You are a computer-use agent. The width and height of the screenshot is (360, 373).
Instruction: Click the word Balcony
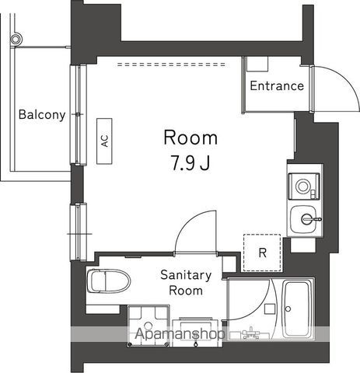(42, 115)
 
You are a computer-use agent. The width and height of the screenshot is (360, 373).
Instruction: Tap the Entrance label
(276, 85)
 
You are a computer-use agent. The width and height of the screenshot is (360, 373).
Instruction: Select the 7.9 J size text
(190, 164)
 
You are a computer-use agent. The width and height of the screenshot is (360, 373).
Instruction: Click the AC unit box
(103, 141)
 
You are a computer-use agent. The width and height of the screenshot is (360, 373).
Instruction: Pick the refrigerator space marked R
(262, 252)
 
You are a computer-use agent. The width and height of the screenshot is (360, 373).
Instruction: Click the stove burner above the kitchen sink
(302, 186)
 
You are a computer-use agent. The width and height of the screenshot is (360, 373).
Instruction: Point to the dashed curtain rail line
(163, 64)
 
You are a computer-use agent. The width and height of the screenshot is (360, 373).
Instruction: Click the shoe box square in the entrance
(257, 66)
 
